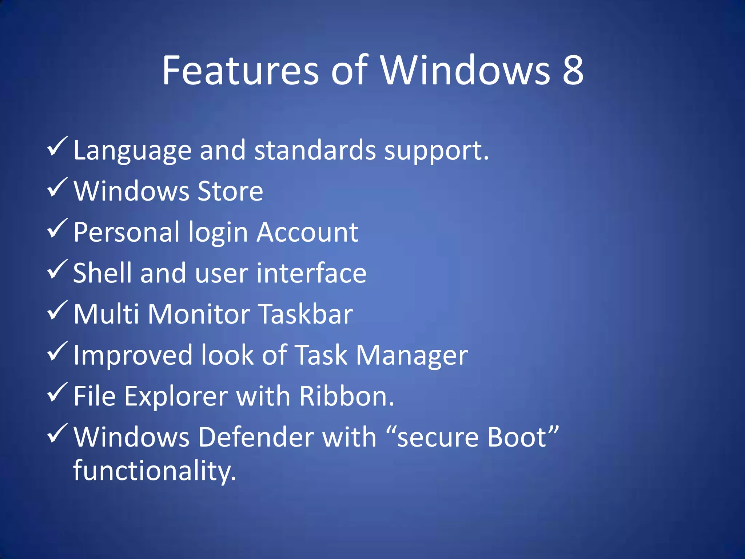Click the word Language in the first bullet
click(132, 151)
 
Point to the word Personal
click(127, 232)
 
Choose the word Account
click(307, 232)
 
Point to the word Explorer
click(176, 396)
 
